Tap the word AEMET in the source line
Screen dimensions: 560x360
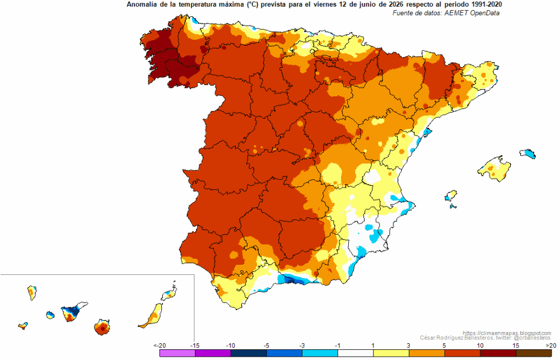pyautogui.click(x=456, y=13)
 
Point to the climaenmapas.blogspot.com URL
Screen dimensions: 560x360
pyautogui.click(x=507, y=333)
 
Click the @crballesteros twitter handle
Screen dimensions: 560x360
pyautogui.click(x=532, y=338)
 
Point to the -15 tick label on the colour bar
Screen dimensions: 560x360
pyautogui.click(x=195, y=345)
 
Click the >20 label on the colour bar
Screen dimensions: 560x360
pyautogui.click(x=551, y=345)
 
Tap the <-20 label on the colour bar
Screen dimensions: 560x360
pyautogui.click(x=160, y=345)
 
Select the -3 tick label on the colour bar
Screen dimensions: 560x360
pyautogui.click(x=302, y=345)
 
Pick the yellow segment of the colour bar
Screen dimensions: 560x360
pyautogui.click(x=391, y=353)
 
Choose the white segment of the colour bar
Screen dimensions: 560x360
pyautogui.click(x=356, y=353)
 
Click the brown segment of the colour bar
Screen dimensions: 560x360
pyautogui.click(x=534, y=353)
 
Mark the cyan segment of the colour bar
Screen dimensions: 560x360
pyautogui.click(x=320, y=353)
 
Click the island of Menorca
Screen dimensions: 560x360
pyautogui.click(x=528, y=153)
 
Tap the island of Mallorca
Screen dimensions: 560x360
pyautogui.click(x=494, y=169)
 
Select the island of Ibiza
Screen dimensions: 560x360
pyautogui.click(x=451, y=196)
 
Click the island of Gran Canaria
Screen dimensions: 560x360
pyautogui.click(x=102, y=327)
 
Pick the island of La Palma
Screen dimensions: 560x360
pyautogui.click(x=32, y=293)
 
